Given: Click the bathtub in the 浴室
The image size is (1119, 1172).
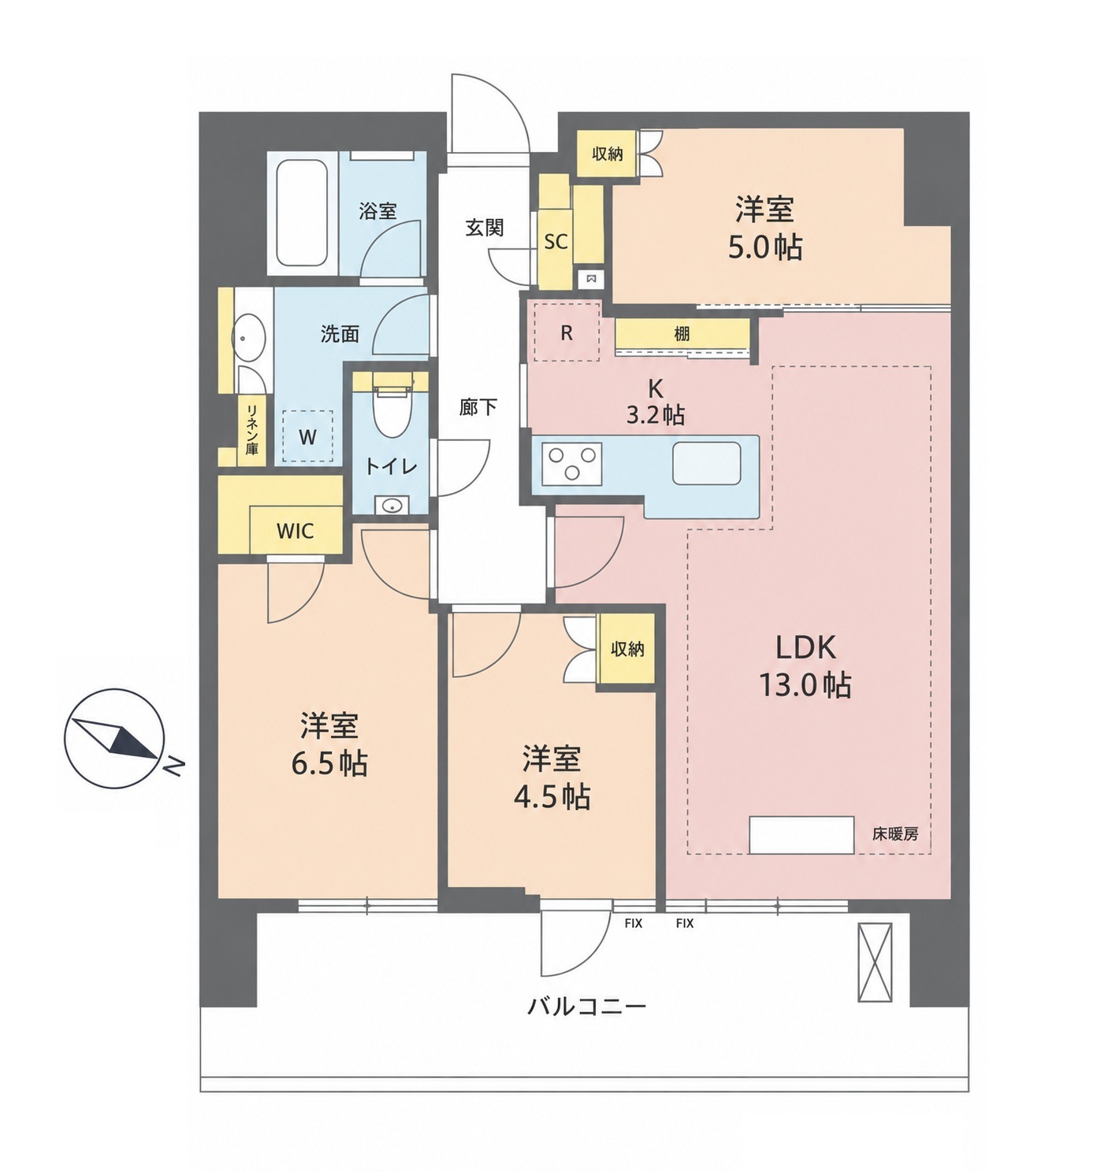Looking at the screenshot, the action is click(303, 213).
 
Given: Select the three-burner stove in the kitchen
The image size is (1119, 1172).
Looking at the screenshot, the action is click(572, 463).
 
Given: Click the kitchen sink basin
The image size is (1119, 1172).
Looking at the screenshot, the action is click(707, 463).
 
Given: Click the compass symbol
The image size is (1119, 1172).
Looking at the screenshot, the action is click(114, 740).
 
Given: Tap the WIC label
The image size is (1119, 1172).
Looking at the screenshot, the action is click(296, 531).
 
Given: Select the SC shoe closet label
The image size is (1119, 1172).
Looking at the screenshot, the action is click(556, 242).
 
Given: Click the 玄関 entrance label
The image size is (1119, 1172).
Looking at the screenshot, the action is click(485, 228).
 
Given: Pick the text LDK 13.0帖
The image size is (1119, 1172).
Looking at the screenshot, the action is click(805, 666).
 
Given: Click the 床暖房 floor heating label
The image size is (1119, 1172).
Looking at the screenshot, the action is click(894, 835).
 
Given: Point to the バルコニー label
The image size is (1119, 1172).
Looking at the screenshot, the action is click(587, 1007).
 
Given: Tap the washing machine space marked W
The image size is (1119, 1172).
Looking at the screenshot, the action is click(307, 437).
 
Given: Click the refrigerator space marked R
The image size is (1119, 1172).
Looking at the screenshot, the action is click(567, 332).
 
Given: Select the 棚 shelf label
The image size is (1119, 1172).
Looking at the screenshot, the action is click(682, 333).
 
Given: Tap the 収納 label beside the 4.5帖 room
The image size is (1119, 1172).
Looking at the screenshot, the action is click(627, 649).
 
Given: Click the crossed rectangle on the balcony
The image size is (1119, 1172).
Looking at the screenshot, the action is click(875, 962).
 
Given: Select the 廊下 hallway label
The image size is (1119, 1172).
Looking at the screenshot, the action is click(478, 407).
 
